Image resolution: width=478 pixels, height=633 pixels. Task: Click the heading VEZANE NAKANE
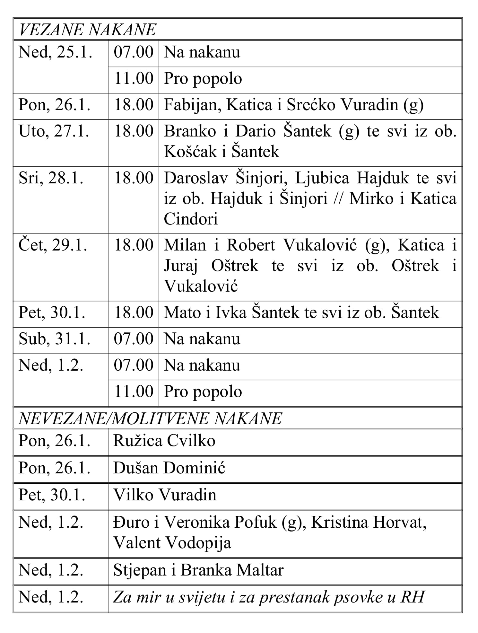pyautogui.click(x=87, y=30)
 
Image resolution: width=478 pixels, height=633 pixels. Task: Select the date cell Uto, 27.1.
pyautogui.click(x=54, y=132)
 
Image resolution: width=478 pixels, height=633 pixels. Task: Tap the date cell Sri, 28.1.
pyautogui.click(x=51, y=178)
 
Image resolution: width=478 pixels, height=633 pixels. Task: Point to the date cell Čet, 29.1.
pyautogui.click(x=53, y=246)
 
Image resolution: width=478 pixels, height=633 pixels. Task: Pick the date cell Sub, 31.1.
pyautogui.click(x=55, y=339)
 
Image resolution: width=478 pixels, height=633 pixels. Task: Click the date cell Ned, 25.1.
pyautogui.click(x=56, y=52)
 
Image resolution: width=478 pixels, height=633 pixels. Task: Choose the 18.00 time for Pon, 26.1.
pyautogui.click(x=134, y=105)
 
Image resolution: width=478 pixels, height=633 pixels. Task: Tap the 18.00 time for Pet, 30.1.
pyautogui.click(x=134, y=313)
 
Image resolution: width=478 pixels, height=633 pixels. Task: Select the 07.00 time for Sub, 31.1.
pyautogui.click(x=134, y=339)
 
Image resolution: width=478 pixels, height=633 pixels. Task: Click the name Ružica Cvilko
pyautogui.click(x=164, y=441)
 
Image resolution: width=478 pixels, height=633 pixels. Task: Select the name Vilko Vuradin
pyautogui.click(x=165, y=495)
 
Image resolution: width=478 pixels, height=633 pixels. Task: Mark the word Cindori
pyautogui.click(x=191, y=219)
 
